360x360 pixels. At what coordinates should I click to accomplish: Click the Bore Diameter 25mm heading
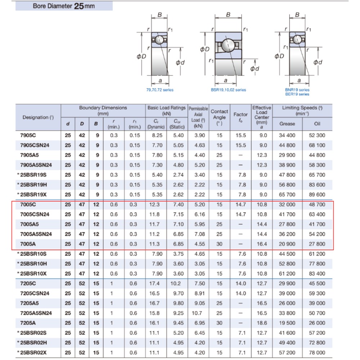(64, 6)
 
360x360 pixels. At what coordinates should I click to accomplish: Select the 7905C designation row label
(28, 135)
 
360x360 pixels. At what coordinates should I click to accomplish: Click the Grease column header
(287, 124)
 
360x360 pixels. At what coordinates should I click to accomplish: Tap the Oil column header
(317, 124)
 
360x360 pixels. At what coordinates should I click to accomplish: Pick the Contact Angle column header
(219, 117)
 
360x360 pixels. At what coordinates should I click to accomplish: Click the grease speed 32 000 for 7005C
(287, 204)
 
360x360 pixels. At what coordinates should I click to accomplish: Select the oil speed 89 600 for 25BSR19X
(317, 195)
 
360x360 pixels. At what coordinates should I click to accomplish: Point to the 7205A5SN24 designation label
(36, 313)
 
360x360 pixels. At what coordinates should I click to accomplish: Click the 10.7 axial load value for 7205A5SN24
(197, 313)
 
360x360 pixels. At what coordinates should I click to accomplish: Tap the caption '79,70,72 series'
(160, 90)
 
